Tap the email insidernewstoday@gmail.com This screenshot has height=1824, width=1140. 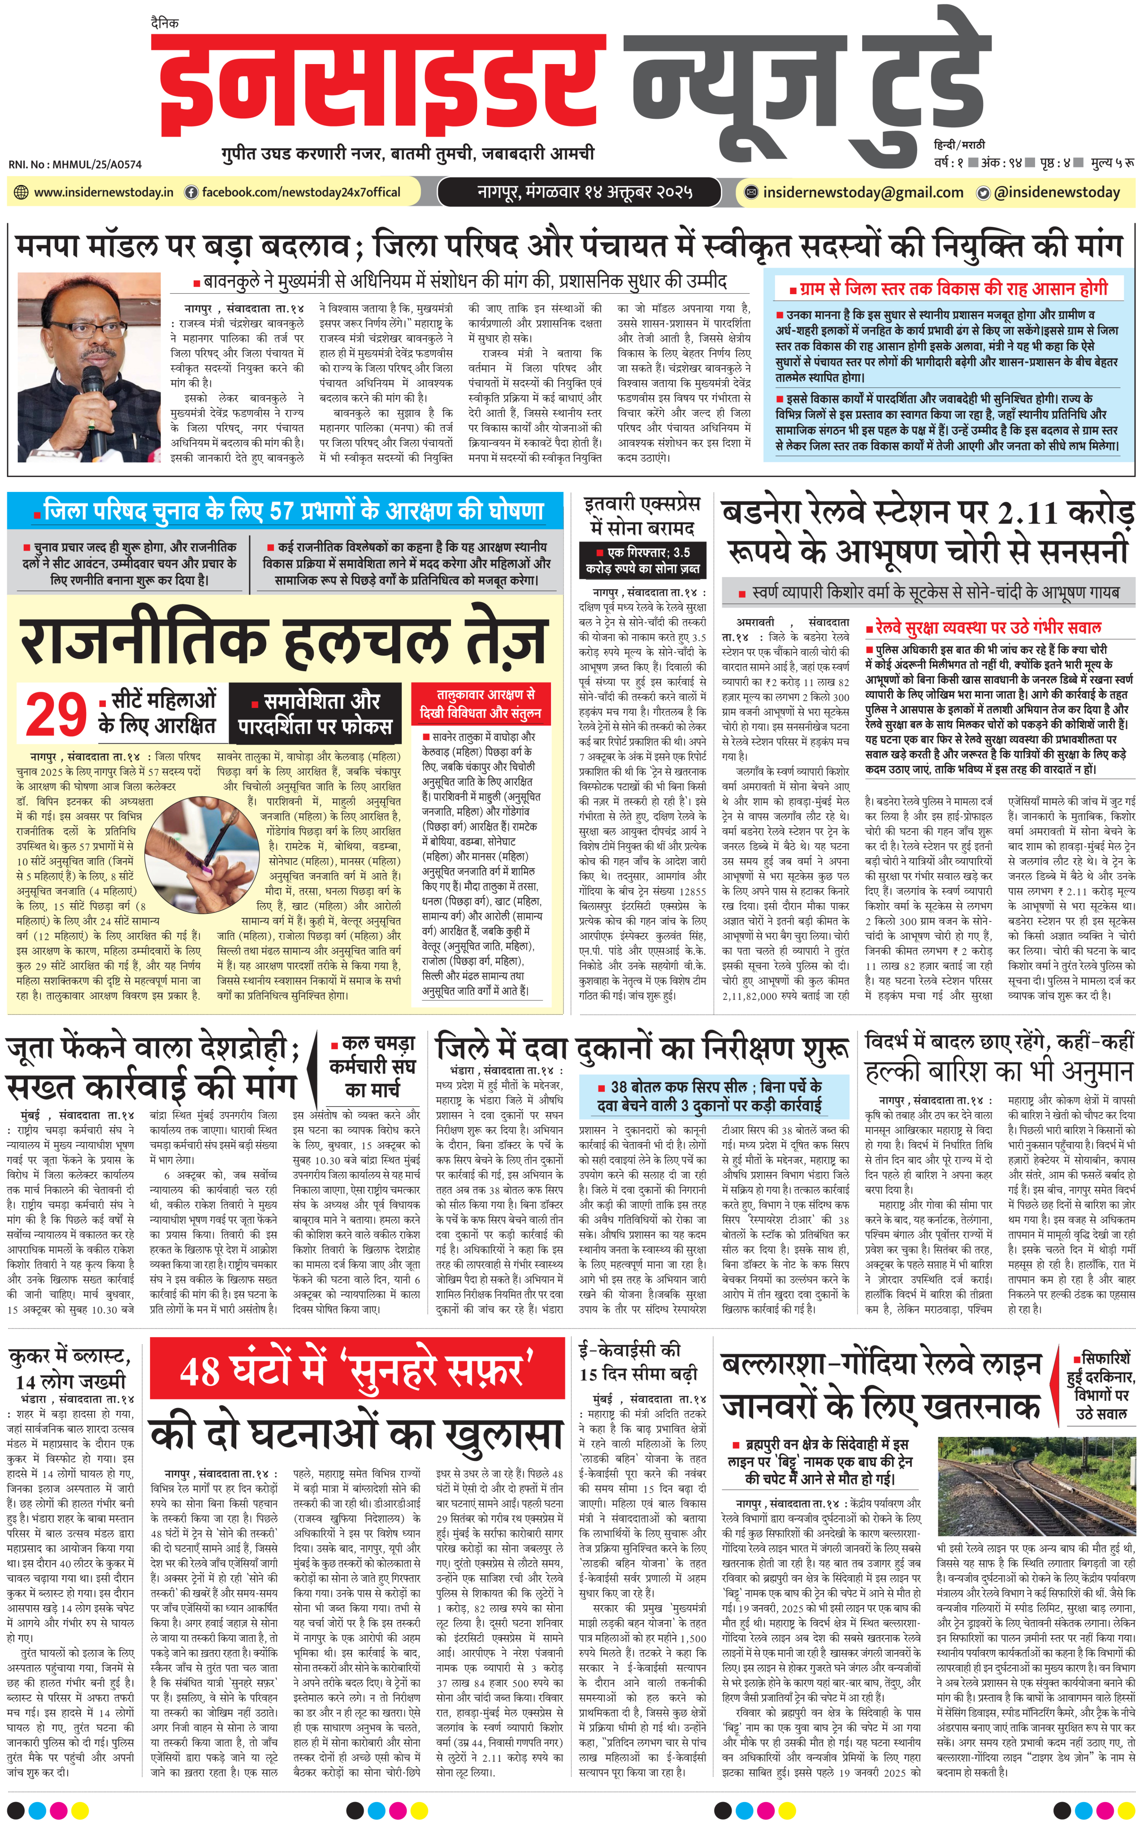coord(863,192)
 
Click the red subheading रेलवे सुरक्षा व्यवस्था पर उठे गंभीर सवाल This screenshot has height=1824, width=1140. coord(988,627)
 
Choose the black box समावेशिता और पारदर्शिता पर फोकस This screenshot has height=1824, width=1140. coord(314,713)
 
